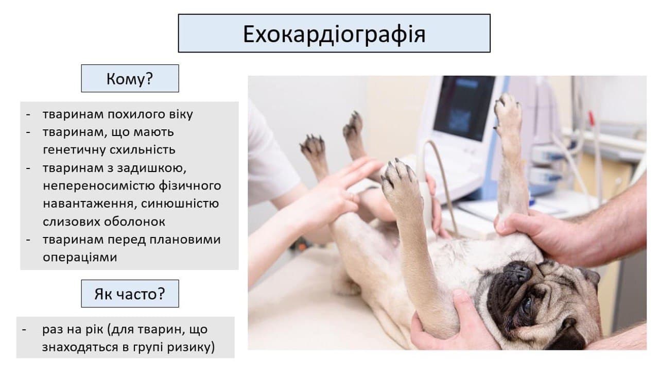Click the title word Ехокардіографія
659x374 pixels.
coord(334,35)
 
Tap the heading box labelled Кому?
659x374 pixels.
coord(130,78)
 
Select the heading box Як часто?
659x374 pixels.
coord(130,294)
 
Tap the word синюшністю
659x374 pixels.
coord(180,203)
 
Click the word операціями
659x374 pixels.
coord(80,258)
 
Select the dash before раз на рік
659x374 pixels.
coord(24,330)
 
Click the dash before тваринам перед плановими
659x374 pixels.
coord(28,240)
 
